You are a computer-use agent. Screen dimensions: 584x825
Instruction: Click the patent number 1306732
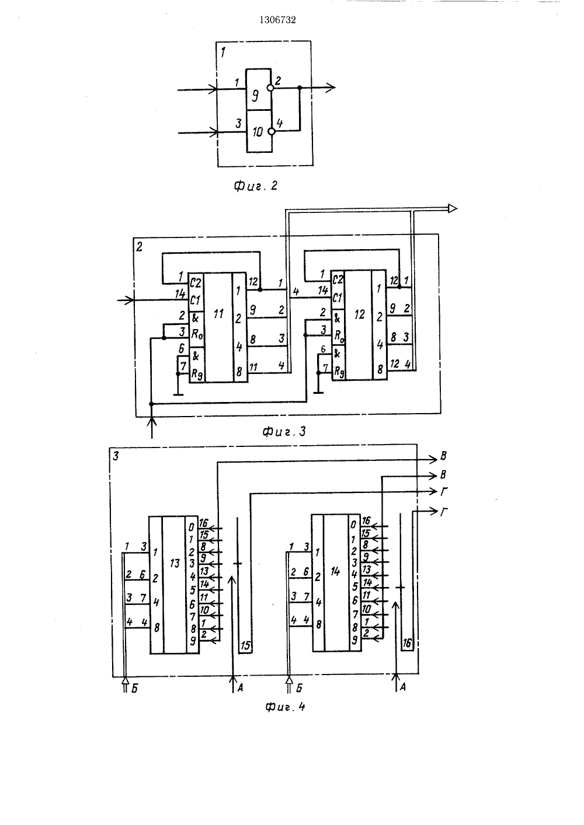(x=277, y=20)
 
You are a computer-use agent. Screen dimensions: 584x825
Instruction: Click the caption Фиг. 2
(x=256, y=186)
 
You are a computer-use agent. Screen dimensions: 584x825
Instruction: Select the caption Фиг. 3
(x=284, y=431)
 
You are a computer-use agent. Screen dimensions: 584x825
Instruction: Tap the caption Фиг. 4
(x=284, y=707)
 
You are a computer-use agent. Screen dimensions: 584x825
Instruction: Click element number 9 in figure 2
(x=255, y=96)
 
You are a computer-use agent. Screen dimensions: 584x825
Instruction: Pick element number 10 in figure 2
(x=258, y=131)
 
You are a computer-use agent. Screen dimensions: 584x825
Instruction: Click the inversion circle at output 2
(x=271, y=88)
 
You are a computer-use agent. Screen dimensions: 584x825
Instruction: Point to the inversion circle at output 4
(x=272, y=131)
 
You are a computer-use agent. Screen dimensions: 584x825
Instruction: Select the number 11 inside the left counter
(x=218, y=313)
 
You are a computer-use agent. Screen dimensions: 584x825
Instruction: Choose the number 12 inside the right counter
(x=359, y=314)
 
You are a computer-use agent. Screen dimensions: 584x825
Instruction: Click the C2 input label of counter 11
(x=196, y=283)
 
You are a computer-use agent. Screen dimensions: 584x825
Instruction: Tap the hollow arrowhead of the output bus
(x=453, y=208)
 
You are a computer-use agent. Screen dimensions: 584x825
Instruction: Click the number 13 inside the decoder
(x=175, y=563)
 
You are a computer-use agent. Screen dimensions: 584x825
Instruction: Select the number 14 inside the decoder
(x=335, y=571)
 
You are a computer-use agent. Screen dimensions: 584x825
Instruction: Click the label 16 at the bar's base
(x=406, y=644)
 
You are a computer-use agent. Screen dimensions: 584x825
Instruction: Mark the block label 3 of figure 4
(x=116, y=456)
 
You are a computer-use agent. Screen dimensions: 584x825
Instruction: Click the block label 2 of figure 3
(x=139, y=247)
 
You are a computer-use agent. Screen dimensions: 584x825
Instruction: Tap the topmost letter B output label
(x=443, y=456)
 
